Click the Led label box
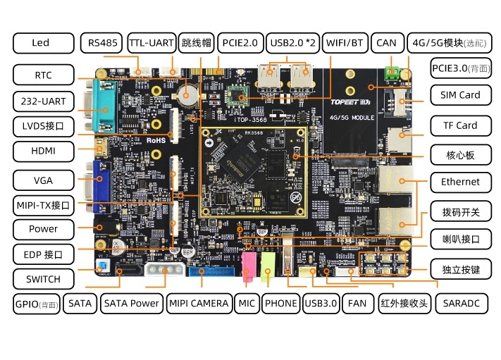pos(41,43)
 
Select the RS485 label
pos(102,43)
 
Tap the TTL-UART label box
pos(151,43)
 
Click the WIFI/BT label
pos(345,43)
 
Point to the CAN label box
pos(387,43)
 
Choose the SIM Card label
pos(460,95)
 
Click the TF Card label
pos(460,126)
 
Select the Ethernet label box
pos(460,182)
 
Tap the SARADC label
pos(461,304)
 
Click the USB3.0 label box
pos(321,304)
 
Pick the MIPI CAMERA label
pos(199,304)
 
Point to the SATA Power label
pos(132,304)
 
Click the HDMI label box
pos(43,151)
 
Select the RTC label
pos(43,75)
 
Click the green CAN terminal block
pos(392,73)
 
